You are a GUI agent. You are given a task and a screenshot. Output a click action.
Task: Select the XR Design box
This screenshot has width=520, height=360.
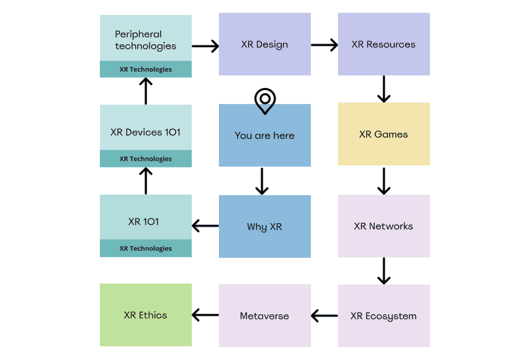click(x=265, y=45)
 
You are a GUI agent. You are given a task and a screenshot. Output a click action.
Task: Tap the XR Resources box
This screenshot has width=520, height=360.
click(x=384, y=45)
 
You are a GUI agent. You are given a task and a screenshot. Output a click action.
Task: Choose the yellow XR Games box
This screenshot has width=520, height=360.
click(x=384, y=134)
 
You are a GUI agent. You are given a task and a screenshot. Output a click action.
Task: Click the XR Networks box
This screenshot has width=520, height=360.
click(x=384, y=226)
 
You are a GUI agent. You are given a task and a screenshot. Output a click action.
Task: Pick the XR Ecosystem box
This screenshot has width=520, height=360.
click(x=384, y=316)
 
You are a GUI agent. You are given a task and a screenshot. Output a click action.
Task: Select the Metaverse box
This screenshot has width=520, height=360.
click(x=265, y=316)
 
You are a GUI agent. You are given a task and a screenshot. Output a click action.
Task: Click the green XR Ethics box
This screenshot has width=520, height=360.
click(x=146, y=315)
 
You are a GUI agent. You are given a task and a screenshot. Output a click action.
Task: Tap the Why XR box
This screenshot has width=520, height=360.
click(x=265, y=227)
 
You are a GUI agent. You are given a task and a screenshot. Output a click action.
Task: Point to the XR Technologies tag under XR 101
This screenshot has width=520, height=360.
click(x=146, y=249)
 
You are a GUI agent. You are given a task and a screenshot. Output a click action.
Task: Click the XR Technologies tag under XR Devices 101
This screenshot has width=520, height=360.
click(x=146, y=159)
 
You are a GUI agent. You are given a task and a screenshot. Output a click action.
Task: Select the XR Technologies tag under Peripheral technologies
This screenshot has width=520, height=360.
click(x=146, y=69)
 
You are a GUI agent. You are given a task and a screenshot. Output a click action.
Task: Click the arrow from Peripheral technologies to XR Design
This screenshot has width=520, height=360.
click(x=205, y=46)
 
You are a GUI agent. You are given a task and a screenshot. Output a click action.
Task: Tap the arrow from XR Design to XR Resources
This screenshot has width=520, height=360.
click(x=324, y=46)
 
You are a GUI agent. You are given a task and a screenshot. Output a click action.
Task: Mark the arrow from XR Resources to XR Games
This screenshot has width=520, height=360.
click(x=384, y=89)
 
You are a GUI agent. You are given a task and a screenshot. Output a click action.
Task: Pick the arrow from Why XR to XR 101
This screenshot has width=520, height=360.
click(x=205, y=226)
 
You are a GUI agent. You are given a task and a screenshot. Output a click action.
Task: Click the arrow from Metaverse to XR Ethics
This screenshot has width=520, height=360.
click(x=205, y=315)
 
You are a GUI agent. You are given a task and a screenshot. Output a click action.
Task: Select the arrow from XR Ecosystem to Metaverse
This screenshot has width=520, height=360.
click(x=324, y=315)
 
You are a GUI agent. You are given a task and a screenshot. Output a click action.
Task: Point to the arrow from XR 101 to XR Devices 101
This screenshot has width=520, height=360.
click(x=146, y=181)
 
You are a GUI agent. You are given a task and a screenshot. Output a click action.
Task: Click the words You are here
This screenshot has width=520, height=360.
click(x=265, y=136)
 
